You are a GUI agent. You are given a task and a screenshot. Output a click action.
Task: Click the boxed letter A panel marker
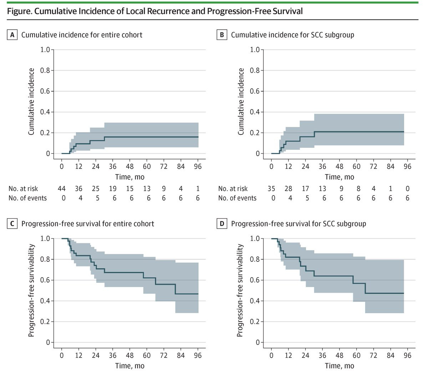12,35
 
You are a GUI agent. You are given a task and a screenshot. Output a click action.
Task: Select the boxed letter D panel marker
222,224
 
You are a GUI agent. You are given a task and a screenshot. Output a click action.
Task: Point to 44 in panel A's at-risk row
61,189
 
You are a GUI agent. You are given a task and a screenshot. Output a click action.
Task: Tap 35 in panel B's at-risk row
271,189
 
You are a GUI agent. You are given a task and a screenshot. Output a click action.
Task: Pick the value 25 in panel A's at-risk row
96,189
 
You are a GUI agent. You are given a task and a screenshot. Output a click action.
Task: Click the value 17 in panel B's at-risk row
305,189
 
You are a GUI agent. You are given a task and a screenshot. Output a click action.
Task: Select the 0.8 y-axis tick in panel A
45,71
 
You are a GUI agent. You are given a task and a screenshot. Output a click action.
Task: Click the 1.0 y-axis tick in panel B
255,50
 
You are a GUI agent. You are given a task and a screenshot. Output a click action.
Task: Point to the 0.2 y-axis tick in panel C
45,322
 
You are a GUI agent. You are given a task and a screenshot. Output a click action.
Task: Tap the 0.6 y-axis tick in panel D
255,280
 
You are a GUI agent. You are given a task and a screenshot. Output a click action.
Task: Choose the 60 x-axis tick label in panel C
147,355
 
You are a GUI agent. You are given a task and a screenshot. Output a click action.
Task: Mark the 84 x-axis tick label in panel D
390,355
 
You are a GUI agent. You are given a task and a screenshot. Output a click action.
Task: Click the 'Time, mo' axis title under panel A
130,177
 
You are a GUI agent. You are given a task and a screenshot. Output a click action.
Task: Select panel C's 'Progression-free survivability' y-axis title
31,290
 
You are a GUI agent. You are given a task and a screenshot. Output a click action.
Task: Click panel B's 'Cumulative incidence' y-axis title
241,102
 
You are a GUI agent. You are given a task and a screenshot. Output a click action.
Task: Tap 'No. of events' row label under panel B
237,198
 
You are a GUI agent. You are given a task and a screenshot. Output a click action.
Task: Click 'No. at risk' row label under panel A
23,189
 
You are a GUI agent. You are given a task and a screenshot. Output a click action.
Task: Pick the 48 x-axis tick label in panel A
130,167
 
